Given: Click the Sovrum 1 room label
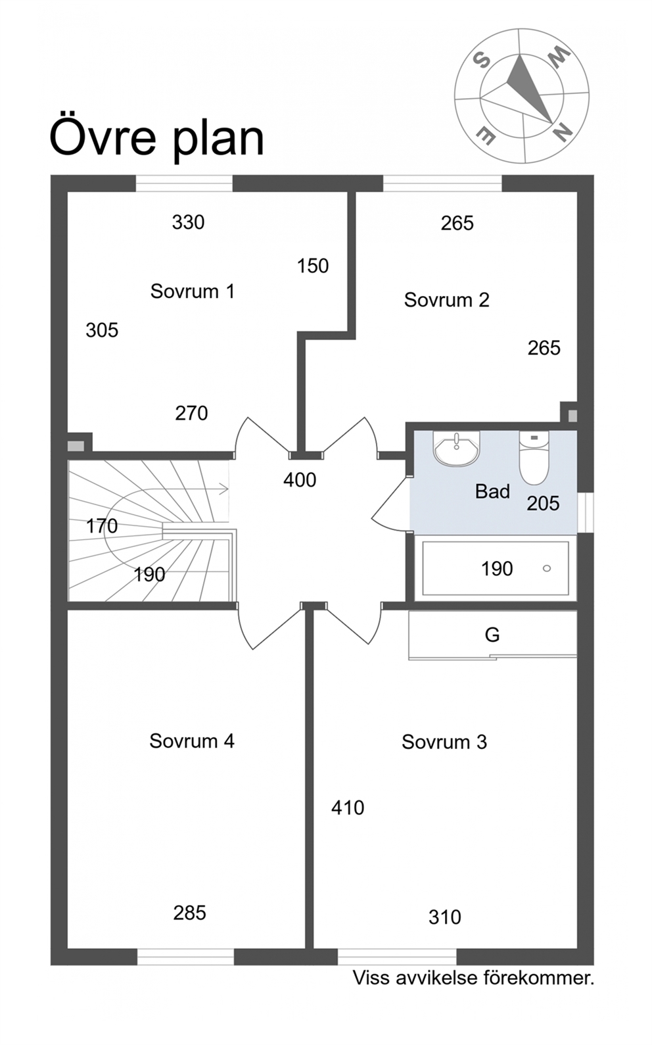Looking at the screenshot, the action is pos(192,291).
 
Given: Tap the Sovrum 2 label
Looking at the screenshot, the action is pos(447,300).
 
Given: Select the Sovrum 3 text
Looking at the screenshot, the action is pos(444,742).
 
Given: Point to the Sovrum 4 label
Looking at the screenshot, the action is pos(192,741).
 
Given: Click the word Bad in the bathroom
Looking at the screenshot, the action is pos(492,491).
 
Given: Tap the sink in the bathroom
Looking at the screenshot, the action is pos(457,449).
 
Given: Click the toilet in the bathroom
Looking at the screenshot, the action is pos(534,458).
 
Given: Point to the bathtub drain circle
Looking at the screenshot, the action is pos(547,568).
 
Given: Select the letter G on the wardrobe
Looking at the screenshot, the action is pos(492,635).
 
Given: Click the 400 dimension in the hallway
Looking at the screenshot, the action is pos(300,480).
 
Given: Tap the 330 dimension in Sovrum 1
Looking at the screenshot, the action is pos(189,222).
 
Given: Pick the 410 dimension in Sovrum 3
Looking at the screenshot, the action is pos(348,808).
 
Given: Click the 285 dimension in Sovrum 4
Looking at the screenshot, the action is pos(190,913).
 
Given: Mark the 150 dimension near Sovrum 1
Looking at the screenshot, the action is pos(313,266).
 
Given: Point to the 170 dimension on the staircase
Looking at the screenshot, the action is pos(102,526).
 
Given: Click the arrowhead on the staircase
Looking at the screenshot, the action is pos(225,489).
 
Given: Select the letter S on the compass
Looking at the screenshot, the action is pos(481,61).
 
